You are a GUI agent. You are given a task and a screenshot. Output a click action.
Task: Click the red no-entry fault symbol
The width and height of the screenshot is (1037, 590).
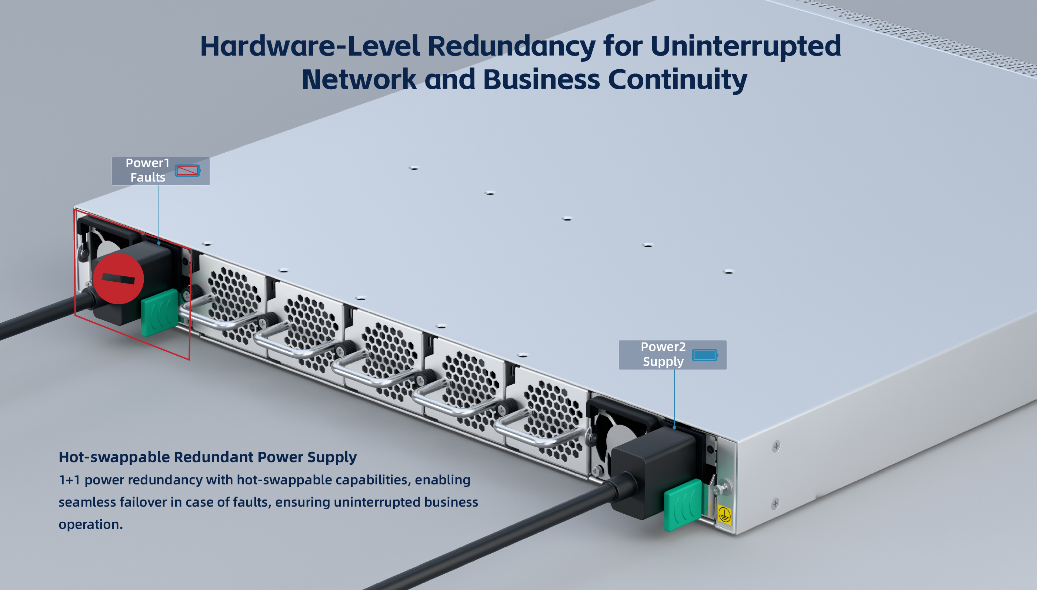(118, 279)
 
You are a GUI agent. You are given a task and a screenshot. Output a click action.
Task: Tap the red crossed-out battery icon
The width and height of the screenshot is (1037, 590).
(187, 170)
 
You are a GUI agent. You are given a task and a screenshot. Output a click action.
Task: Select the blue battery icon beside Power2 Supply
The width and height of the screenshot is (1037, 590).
(704, 355)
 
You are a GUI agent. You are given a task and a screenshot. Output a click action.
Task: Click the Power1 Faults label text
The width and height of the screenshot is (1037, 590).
(147, 170)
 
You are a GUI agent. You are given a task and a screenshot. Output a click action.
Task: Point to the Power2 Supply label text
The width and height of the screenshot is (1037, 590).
(663, 354)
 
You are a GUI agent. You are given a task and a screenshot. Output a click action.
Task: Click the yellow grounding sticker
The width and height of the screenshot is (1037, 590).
(724, 515)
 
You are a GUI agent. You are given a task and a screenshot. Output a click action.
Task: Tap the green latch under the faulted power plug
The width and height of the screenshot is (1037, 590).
(160, 312)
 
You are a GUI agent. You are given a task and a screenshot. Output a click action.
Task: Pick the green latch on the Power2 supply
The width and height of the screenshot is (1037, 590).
(683, 505)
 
